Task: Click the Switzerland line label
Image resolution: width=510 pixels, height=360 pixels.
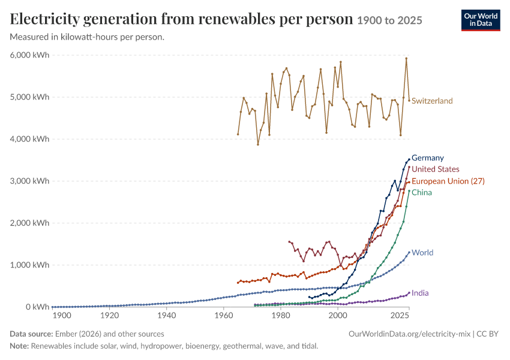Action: click(432, 101)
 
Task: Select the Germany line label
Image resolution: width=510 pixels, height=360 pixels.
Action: click(428, 158)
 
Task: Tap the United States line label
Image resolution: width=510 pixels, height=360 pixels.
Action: click(436, 169)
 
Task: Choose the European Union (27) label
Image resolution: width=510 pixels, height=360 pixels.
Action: click(448, 181)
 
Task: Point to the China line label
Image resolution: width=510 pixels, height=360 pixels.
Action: click(422, 193)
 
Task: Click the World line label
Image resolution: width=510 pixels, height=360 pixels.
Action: click(422, 253)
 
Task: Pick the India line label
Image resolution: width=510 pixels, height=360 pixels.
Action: click(420, 293)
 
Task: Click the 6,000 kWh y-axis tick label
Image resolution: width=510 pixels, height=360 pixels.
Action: click(29, 55)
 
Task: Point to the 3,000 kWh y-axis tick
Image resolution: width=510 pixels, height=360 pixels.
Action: click(29, 181)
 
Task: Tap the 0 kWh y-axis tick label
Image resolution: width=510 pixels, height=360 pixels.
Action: click(38, 307)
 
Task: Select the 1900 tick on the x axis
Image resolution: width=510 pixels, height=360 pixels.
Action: click(62, 316)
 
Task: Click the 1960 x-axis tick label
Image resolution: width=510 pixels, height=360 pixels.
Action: click(224, 316)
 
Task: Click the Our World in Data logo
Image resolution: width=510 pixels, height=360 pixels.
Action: click(481, 20)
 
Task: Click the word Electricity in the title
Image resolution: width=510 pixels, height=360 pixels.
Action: click(44, 19)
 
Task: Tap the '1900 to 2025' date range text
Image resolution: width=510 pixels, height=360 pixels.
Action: click(389, 20)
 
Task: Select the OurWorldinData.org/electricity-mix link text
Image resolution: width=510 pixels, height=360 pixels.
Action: click(409, 334)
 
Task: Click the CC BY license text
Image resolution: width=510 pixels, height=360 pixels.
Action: click(488, 334)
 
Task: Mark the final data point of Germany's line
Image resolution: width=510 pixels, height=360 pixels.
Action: click(409, 160)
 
